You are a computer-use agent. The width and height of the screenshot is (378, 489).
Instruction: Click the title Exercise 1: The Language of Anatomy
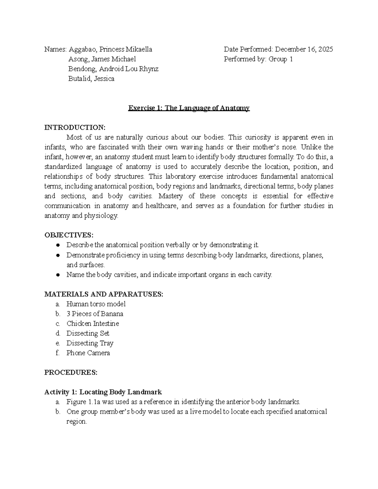click(x=189, y=108)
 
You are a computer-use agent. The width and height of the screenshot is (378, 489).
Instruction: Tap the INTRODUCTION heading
click(x=75, y=128)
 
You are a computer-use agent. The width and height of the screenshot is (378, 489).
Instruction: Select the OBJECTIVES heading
click(x=69, y=235)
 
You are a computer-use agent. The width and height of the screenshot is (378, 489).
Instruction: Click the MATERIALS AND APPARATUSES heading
click(x=104, y=294)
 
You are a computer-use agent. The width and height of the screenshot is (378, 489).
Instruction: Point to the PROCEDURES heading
click(x=71, y=372)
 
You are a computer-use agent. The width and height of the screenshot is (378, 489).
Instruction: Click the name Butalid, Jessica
click(x=91, y=79)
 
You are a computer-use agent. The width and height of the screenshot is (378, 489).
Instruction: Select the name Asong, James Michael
click(x=102, y=59)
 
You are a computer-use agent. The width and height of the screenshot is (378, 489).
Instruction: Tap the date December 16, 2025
click(x=304, y=49)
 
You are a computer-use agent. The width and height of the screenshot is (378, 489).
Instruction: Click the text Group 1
click(x=281, y=59)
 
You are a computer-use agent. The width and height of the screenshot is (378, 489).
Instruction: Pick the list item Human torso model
click(x=96, y=304)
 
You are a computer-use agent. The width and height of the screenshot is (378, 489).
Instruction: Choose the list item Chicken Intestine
click(x=93, y=323)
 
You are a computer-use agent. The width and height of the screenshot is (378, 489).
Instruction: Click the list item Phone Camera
click(x=88, y=353)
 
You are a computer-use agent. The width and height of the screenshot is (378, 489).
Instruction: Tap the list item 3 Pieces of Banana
click(x=95, y=314)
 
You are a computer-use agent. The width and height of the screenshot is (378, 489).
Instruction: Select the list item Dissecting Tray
click(x=90, y=343)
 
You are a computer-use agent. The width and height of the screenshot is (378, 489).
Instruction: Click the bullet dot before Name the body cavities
click(x=58, y=275)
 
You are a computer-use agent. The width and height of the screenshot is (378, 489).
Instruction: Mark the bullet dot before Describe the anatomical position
click(x=58, y=245)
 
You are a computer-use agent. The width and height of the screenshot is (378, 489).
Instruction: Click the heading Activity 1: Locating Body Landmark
click(x=103, y=392)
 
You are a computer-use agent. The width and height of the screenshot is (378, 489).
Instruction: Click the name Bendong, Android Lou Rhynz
click(x=113, y=69)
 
